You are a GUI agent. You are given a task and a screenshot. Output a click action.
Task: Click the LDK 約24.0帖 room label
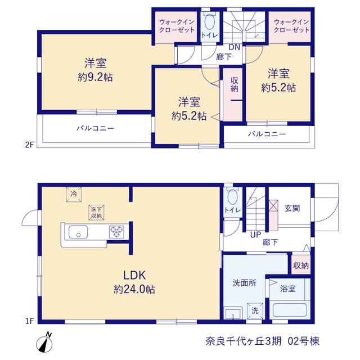coord(134,282)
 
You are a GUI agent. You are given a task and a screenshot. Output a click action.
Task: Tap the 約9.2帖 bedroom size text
coord(95,78)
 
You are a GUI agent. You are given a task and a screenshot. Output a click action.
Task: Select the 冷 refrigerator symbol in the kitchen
coord(74,194)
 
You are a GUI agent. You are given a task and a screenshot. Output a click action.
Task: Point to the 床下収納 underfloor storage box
coord(96,213)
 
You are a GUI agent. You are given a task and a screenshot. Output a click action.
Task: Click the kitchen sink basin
coord(78,232)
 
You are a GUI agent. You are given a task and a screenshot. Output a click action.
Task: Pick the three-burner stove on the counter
coord(116,232)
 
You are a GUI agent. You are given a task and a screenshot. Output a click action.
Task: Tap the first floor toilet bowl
coord(232,196)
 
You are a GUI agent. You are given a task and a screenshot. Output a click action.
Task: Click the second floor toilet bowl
coord(210,21)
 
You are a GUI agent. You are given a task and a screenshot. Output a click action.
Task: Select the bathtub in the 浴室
coord(290,310)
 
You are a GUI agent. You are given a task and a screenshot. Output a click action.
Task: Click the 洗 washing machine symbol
coord(255,311)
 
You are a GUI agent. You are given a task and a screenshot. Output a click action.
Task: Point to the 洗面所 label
coord(244,283)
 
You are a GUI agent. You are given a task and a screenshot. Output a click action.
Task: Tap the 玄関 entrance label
coord(292,208)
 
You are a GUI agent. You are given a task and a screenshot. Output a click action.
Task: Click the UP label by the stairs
coord(255,235)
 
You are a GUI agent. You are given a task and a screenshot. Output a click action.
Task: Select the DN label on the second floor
coord(235,47)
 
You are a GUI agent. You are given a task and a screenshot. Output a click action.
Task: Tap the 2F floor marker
coord(30,145)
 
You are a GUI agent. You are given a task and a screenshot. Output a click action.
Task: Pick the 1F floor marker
coord(30,321)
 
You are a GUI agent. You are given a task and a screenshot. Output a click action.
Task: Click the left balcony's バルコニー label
coord(95,128)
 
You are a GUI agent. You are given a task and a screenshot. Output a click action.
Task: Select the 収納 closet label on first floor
coord(301,265)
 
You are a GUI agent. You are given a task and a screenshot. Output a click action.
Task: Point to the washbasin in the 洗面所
coord(233,313)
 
